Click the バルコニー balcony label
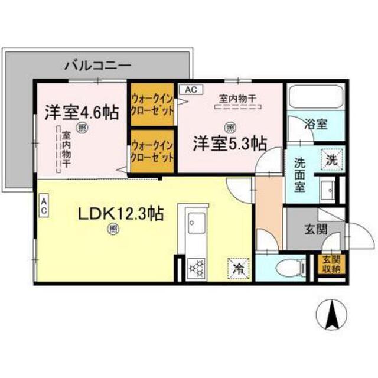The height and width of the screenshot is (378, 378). coord(98,66)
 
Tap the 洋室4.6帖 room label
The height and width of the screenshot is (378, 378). coord(82,113)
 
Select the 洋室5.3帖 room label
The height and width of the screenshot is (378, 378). coord(230,144)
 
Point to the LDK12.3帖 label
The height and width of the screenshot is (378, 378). coord(121,213)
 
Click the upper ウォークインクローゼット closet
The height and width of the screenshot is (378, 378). coord(152,105)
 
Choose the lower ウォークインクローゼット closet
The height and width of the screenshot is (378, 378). coord(152,151)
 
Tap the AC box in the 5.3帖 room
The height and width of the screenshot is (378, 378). coord(191,90)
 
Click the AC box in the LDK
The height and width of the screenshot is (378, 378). coord(44,206)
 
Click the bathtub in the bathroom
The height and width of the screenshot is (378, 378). coord(317,96)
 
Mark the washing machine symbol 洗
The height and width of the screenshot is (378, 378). coord(332,159)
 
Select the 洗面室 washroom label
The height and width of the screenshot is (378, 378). coord(299,175)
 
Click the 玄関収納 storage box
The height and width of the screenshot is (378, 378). coord(332,264)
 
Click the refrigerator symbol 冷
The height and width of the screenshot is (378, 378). coord(239,269)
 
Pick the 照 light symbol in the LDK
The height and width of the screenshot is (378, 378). coord(113,229)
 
